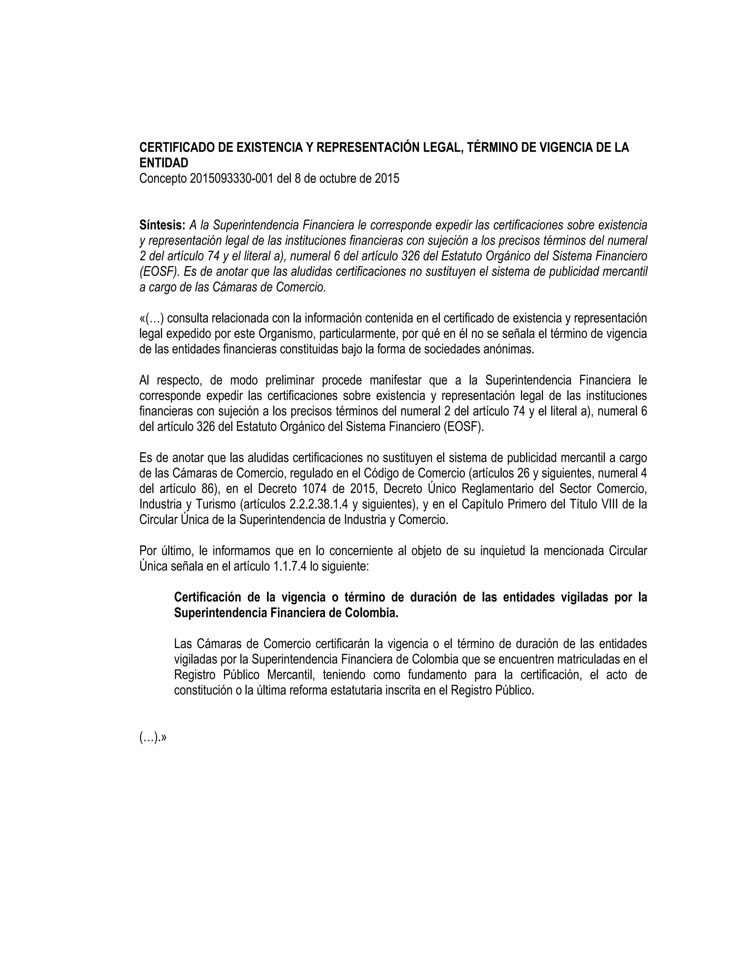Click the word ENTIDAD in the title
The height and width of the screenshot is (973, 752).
click(163, 163)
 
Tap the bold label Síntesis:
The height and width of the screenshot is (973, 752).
click(162, 225)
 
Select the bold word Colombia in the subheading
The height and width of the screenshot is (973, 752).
click(374, 613)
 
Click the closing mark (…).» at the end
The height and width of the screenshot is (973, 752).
click(153, 738)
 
